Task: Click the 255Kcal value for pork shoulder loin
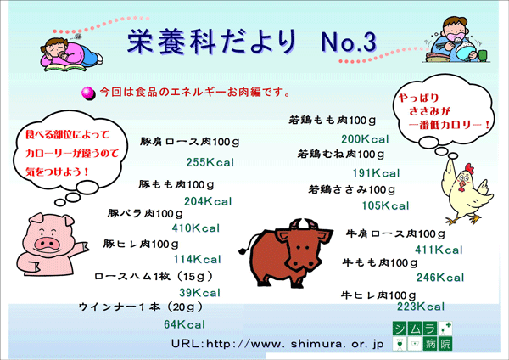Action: pos(210,162)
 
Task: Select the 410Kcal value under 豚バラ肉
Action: pos(196,228)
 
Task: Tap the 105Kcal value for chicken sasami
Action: pos(386,205)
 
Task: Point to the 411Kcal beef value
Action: pos(439,250)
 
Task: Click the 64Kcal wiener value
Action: pos(184,324)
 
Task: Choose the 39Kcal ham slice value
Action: pos(199,293)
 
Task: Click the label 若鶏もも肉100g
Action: pos(332,121)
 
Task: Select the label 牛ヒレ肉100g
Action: pos(378,295)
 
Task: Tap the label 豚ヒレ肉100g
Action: pos(141,244)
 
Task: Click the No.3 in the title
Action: pos(349,42)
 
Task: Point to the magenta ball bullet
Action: pos(88,93)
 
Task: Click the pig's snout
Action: pos(48,243)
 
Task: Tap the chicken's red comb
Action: pos(469,168)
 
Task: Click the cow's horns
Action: pos(305,224)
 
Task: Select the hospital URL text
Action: pos(277,344)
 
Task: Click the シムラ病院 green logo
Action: pos(422,336)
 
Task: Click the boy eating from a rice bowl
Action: pos(457,40)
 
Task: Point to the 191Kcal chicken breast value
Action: pos(376,173)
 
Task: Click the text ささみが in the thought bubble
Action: pos(429,111)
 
